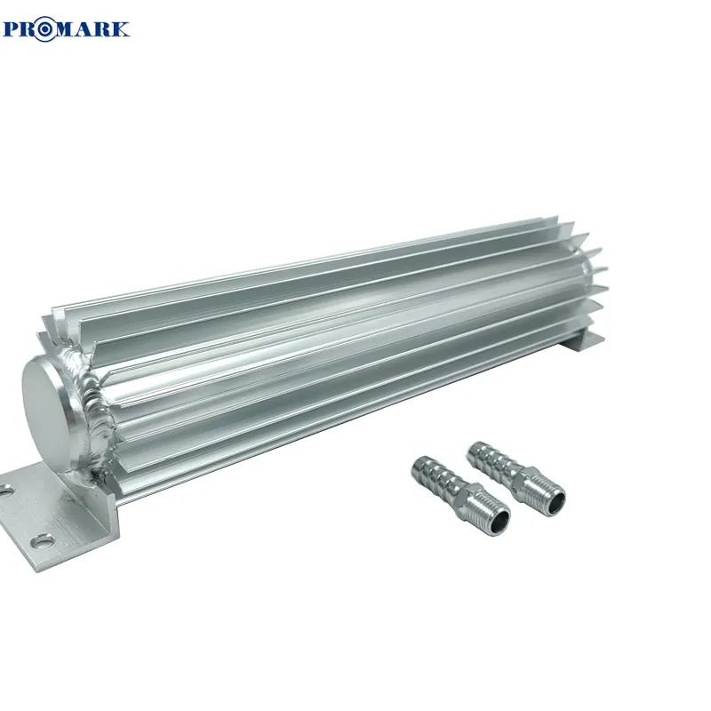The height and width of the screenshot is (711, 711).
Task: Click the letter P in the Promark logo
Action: click(x=12, y=29)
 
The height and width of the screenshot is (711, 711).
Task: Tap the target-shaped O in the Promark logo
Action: click(x=45, y=29)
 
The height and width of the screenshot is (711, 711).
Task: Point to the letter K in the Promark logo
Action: click(x=120, y=29)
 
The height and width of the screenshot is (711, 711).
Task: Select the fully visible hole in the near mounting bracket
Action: click(x=41, y=542)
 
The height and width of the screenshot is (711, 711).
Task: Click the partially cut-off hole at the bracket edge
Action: click(x=4, y=491)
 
